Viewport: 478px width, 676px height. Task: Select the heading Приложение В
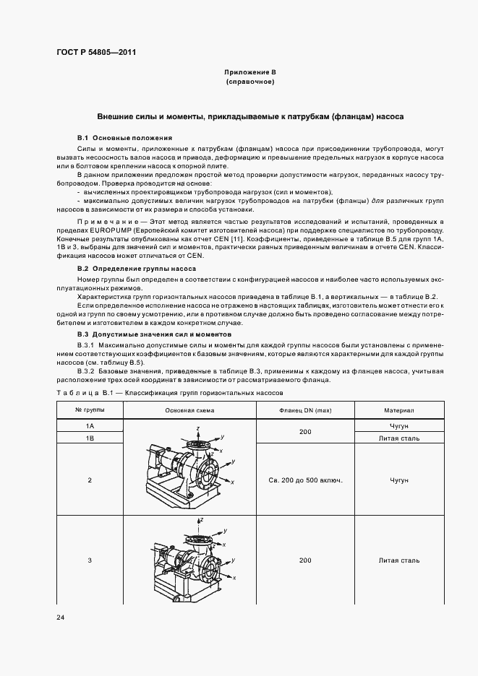[250, 73]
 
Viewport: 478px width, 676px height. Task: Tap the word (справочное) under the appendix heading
[250, 82]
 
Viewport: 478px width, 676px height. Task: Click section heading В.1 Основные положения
[124, 137]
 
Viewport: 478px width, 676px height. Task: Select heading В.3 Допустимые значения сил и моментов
[154, 334]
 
